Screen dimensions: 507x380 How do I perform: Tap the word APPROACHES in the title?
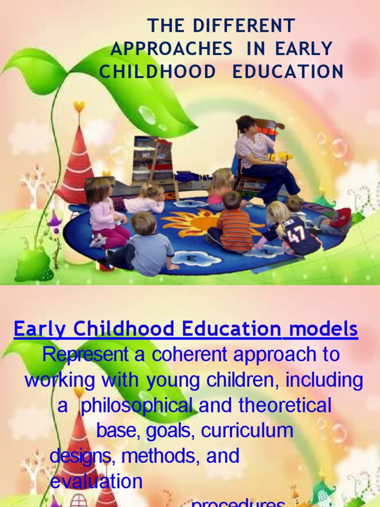(x=172, y=49)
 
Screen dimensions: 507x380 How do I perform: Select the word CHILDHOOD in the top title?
(x=158, y=72)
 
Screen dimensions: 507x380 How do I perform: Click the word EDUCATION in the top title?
(x=287, y=72)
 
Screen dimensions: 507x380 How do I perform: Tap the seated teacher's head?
(x=246, y=125)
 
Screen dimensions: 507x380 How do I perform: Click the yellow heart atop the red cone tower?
(x=79, y=106)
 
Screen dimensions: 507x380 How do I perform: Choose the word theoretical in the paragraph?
(x=285, y=406)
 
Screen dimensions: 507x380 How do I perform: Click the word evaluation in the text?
(x=96, y=481)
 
